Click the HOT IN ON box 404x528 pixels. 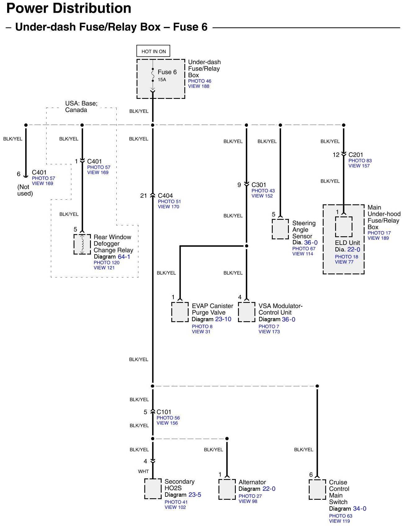click(x=153, y=51)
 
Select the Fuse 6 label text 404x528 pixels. click(x=167, y=72)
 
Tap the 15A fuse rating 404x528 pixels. click(x=162, y=80)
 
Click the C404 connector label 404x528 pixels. click(x=165, y=196)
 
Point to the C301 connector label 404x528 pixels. click(x=259, y=185)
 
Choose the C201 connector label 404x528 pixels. click(x=356, y=155)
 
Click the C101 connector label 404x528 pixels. click(x=164, y=412)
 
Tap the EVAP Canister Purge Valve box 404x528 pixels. click(x=180, y=312)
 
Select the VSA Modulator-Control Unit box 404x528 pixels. click(x=247, y=312)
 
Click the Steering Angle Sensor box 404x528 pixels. click(x=280, y=229)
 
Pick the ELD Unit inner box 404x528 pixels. click(x=343, y=227)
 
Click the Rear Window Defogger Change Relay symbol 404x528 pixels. click(x=82, y=244)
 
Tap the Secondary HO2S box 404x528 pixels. click(x=153, y=489)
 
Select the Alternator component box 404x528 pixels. click(x=227, y=490)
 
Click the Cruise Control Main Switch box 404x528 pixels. click(x=317, y=490)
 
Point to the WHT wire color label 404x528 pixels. click(x=143, y=472)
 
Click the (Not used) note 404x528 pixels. click(x=25, y=190)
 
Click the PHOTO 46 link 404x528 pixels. click(x=200, y=81)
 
